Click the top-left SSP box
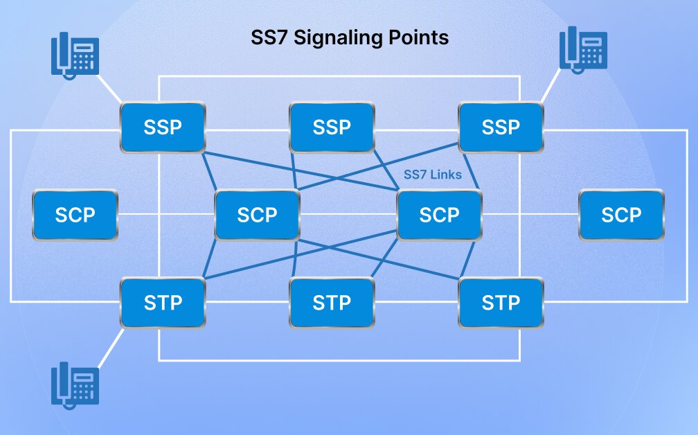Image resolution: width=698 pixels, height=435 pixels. [163, 127]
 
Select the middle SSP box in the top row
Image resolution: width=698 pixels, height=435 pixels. [332, 127]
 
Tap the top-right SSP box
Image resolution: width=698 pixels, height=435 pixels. [501, 127]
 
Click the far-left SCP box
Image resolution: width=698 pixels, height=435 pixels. [75, 215]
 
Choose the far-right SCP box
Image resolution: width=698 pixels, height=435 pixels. [621, 215]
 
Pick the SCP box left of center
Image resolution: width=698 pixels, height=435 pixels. [257, 215]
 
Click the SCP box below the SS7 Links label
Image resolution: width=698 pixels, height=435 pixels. [439, 215]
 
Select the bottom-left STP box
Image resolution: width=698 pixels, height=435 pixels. [163, 303]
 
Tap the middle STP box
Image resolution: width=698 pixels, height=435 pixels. [332, 303]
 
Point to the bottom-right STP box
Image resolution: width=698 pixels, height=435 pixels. [501, 303]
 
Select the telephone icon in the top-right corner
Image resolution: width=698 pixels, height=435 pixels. [583, 48]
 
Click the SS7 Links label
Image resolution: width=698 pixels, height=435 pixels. [432, 175]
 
